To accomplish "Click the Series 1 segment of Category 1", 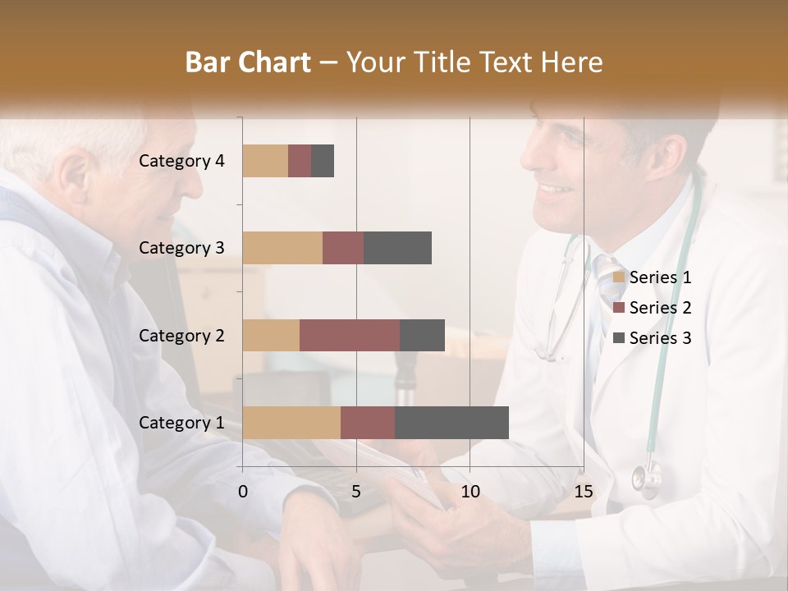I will [291, 423].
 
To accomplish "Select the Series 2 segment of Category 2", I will [350, 335].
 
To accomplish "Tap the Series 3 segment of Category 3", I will [398, 248].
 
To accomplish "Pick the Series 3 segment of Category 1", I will [451, 423].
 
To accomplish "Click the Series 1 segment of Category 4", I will [265, 161].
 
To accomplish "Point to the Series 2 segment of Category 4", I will [300, 161].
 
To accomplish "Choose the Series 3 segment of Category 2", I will [422, 335].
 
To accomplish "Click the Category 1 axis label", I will [181, 423].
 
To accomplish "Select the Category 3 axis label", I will [181, 248].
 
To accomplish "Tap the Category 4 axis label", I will [181, 161].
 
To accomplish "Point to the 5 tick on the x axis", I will [356, 492].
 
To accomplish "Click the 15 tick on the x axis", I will [583, 492].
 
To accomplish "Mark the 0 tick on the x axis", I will [243, 492].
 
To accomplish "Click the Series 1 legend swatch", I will [619, 277].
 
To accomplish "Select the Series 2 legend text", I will [660, 308].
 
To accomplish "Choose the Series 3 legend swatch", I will [619, 338].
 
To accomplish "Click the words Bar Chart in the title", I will [248, 62].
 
